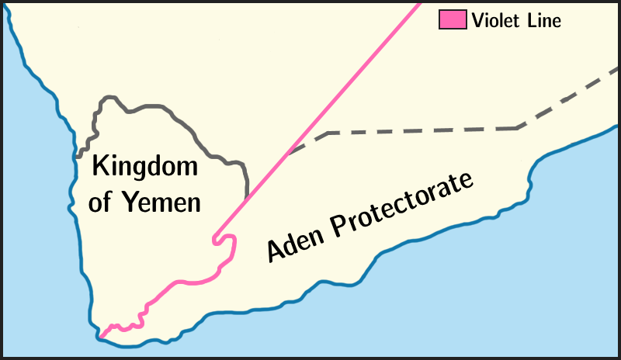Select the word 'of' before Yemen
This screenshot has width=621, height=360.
(101, 202)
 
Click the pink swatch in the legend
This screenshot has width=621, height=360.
(453, 20)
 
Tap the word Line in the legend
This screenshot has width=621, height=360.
(543, 20)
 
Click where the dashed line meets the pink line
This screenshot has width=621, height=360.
(289, 154)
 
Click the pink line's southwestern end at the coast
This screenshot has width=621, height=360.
(99, 338)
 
